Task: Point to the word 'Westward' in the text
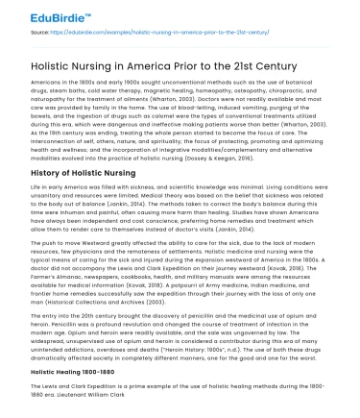tap(83, 247)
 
